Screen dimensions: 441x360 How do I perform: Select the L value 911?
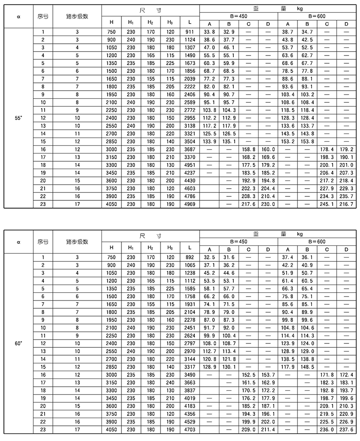(190, 32)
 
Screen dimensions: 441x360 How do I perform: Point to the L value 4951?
(190, 165)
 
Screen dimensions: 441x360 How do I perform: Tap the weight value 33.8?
(209, 32)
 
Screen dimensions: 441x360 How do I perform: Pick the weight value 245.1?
(327, 204)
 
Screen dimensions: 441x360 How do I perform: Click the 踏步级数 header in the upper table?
(77, 16)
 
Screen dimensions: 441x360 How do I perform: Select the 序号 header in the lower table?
(43, 242)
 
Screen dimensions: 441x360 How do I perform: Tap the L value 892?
(190, 257)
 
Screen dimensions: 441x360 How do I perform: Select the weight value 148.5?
(307, 366)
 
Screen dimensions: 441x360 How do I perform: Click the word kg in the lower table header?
(300, 234)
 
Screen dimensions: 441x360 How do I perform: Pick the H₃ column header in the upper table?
(170, 22)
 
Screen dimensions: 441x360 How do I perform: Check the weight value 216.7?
(346, 204)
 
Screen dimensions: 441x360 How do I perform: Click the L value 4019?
(190, 398)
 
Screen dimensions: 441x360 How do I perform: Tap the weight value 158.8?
(248, 149)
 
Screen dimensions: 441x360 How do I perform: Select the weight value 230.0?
(268, 204)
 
